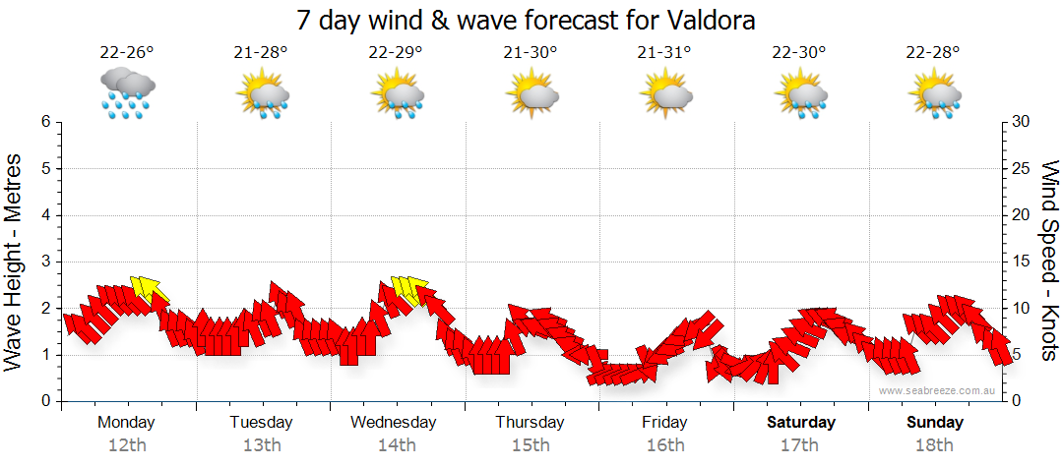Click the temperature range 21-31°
click(664, 53)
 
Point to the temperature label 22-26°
click(127, 53)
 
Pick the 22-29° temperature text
click(396, 53)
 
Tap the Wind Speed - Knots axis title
click(1049, 262)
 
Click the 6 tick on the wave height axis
click(44, 122)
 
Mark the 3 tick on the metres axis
click(44, 262)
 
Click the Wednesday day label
click(394, 423)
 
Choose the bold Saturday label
click(801, 423)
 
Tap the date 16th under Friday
click(665, 445)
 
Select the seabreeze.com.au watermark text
click(938, 390)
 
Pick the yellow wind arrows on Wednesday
click(406, 289)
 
